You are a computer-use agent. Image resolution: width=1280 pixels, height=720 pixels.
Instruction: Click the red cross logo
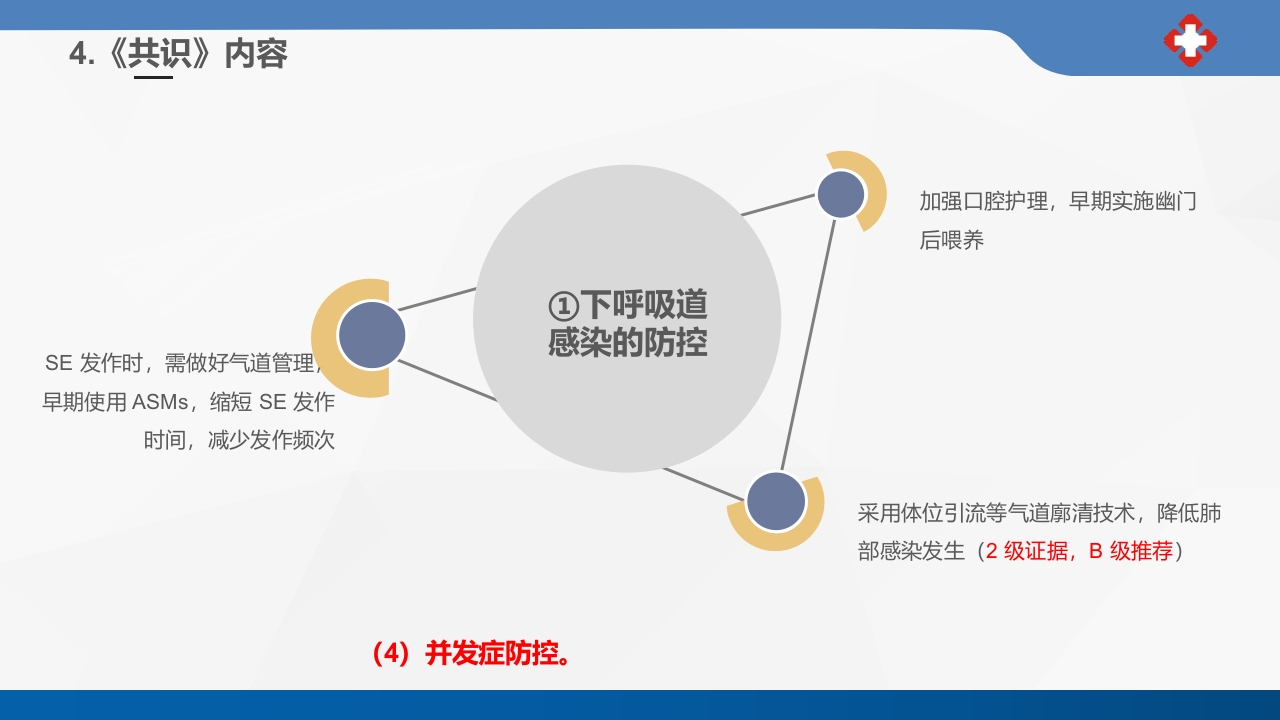pos(1190,40)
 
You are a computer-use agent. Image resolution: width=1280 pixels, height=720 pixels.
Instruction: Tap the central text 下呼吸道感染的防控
pos(627,323)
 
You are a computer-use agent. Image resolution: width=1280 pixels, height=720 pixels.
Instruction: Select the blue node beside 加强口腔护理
pos(841,194)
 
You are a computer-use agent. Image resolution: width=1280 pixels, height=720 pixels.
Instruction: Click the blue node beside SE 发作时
pos(372,335)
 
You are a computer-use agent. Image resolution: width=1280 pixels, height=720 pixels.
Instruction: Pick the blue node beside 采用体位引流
pos(776,501)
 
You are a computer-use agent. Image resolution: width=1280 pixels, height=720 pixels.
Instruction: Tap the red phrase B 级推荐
pos(1130,551)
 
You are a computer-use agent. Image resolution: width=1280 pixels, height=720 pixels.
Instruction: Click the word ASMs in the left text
pos(160,402)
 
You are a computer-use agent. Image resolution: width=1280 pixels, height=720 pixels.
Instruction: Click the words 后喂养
pos(952,240)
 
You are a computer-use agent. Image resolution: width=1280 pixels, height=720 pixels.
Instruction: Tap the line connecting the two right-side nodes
pos(808,346)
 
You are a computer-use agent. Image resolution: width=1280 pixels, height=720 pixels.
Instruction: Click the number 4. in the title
pos(82,54)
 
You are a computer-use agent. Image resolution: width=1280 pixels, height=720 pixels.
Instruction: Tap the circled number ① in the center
pos(564,306)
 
